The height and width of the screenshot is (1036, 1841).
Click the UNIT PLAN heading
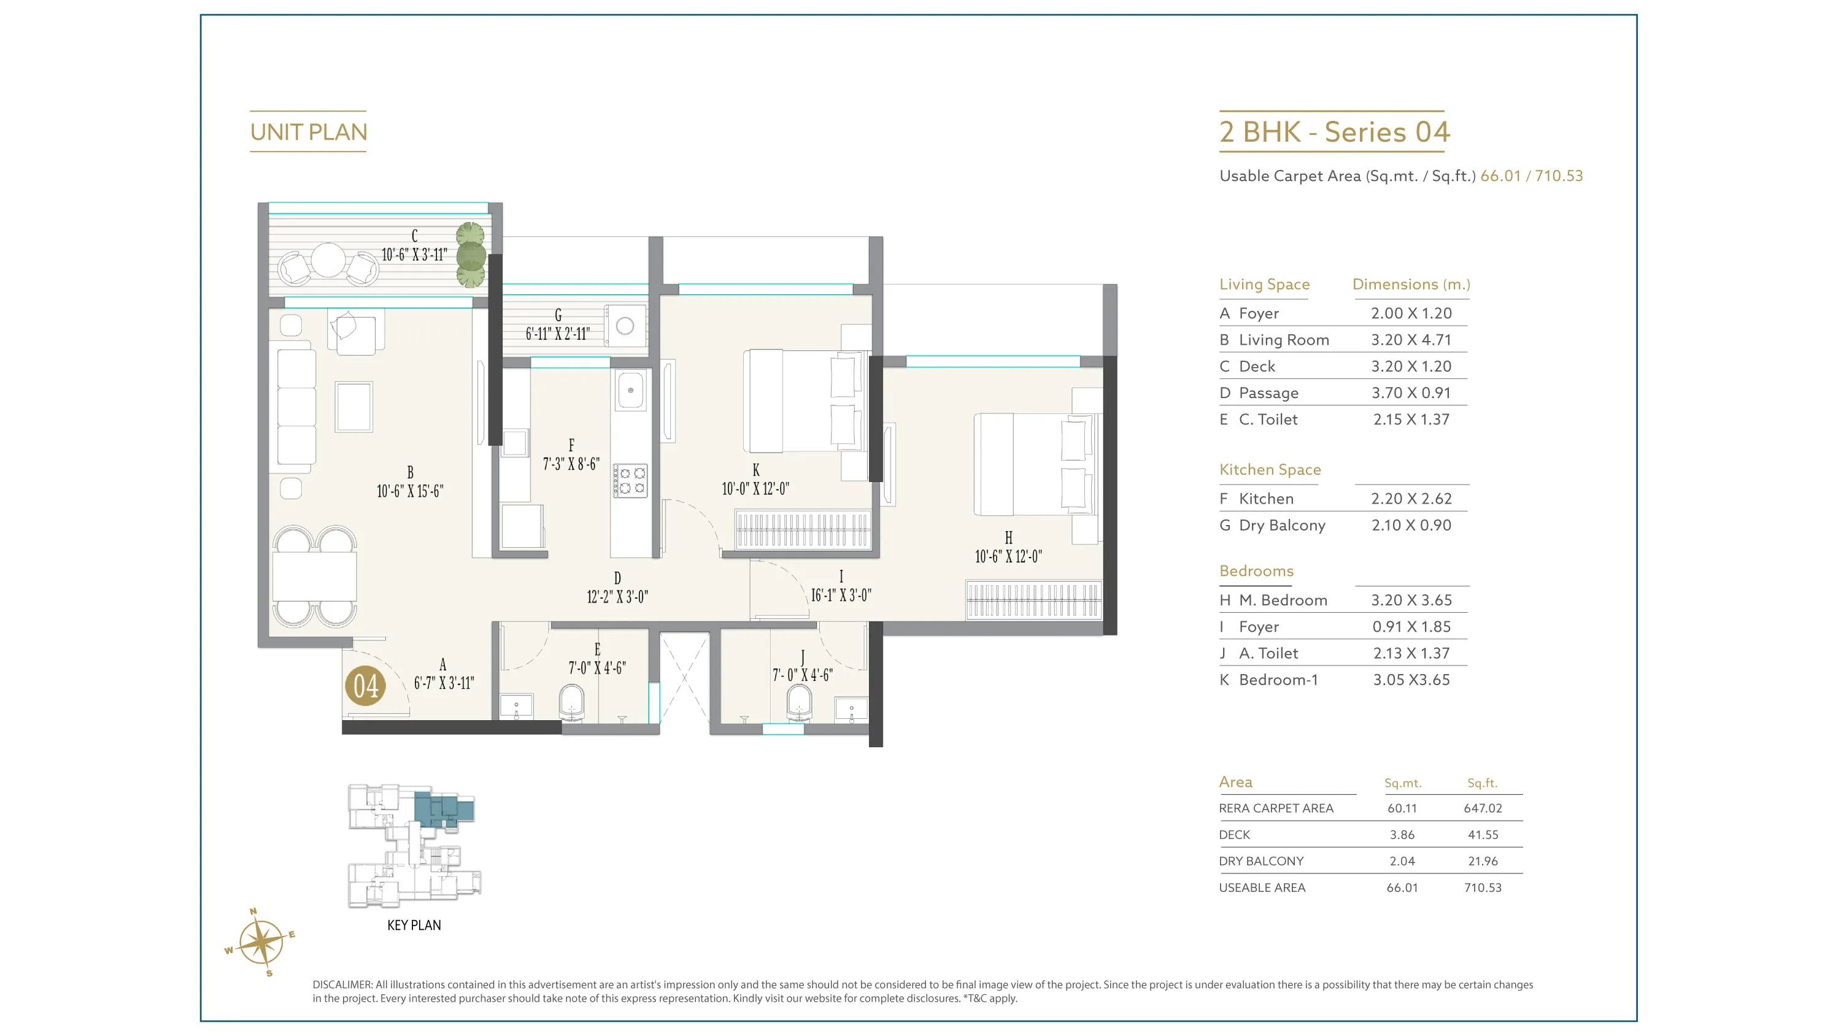click(x=309, y=132)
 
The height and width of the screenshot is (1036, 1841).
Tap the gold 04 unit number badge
click(x=365, y=686)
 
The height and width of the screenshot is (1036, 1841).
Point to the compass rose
click(x=261, y=942)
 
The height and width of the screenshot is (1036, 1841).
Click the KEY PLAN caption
click(x=414, y=925)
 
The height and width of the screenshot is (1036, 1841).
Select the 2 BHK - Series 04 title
click(x=1334, y=132)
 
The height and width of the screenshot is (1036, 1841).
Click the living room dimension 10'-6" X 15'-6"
click(x=410, y=491)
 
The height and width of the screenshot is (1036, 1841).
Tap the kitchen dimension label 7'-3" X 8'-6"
click(x=571, y=464)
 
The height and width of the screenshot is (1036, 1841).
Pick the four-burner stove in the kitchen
click(x=630, y=480)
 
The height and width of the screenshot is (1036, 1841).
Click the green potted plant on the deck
click(x=471, y=255)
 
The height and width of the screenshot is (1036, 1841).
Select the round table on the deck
click(x=328, y=260)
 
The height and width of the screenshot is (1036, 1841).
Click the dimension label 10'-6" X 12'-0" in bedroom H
click(x=1008, y=556)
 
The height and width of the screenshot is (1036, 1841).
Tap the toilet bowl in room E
click(x=571, y=703)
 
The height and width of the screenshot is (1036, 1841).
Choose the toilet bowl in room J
click(x=799, y=703)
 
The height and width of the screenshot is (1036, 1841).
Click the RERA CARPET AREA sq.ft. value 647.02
click(x=1483, y=808)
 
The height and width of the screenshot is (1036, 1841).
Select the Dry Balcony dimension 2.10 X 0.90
click(x=1411, y=525)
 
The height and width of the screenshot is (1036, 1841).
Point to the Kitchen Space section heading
click(x=1270, y=469)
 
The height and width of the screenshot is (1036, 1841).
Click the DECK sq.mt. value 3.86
click(x=1402, y=835)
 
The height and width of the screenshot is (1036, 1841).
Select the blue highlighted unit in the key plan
click(x=443, y=809)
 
